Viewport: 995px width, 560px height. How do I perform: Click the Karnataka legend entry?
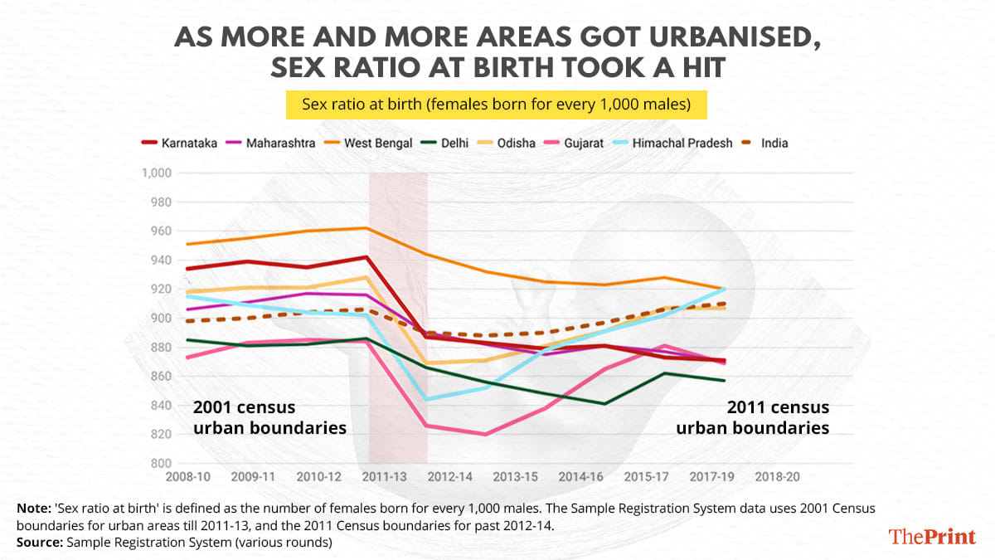(x=180, y=143)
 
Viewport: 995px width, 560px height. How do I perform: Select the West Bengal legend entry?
(x=371, y=143)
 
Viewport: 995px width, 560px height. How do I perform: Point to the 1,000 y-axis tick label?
(x=156, y=173)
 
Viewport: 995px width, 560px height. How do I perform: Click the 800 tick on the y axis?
(x=161, y=464)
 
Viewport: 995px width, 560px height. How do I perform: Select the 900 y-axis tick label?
(x=161, y=319)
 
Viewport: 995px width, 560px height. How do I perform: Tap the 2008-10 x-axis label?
(x=189, y=478)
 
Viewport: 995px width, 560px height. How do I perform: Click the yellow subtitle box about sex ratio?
(x=497, y=105)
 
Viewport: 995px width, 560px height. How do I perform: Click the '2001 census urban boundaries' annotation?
(x=269, y=418)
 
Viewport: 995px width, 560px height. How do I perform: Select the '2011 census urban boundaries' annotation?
(x=753, y=418)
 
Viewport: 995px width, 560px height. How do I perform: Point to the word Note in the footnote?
(x=31, y=507)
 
